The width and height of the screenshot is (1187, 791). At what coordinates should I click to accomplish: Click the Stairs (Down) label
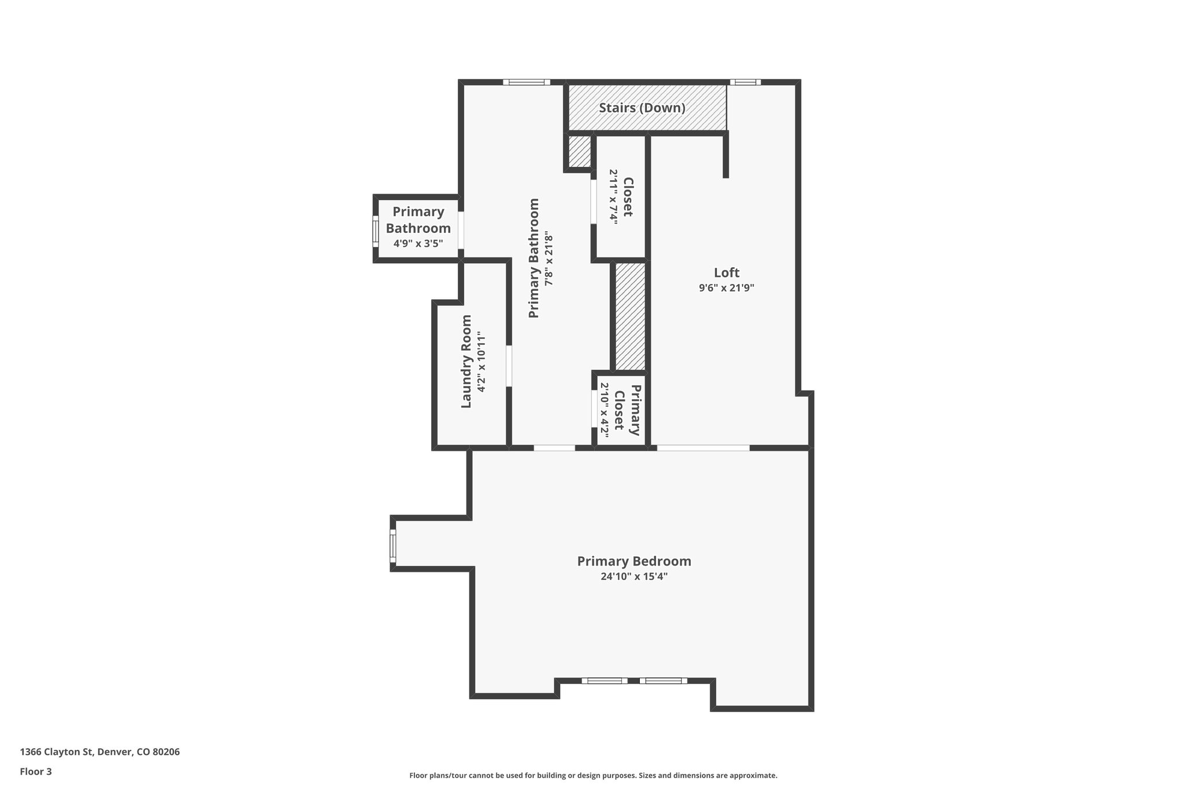click(642, 108)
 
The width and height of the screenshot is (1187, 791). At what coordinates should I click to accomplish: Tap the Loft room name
click(726, 272)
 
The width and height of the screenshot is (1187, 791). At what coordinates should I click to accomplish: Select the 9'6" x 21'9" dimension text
click(726, 287)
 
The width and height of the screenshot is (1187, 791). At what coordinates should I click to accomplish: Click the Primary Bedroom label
click(634, 561)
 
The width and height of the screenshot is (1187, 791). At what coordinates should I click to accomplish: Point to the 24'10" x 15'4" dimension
click(634, 577)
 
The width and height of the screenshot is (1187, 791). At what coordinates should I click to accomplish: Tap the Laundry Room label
click(467, 362)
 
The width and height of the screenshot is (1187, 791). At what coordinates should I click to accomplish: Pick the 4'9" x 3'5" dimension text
click(418, 243)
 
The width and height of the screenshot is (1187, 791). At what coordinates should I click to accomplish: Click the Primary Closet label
click(627, 410)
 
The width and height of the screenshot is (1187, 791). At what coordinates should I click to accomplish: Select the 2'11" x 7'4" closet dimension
click(613, 196)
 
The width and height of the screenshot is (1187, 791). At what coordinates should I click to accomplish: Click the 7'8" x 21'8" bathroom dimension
click(548, 258)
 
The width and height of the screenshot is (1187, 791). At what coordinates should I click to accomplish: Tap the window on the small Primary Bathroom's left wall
click(376, 231)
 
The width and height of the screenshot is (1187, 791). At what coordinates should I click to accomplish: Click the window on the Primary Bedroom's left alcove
click(393, 545)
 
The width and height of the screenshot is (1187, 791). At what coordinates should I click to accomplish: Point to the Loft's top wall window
click(745, 82)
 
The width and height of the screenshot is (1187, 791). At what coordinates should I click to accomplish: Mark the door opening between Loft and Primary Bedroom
click(702, 448)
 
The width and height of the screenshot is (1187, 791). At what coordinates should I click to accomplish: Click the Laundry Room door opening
click(509, 366)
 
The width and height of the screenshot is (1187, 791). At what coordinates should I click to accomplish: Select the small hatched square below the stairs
click(578, 151)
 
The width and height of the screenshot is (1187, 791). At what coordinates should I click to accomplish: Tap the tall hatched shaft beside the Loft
click(630, 316)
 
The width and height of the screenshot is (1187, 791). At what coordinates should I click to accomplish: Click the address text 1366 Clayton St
click(100, 752)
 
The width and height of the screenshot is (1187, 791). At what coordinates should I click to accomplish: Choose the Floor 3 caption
click(36, 771)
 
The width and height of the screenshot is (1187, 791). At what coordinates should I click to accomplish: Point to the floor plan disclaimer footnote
click(593, 775)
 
